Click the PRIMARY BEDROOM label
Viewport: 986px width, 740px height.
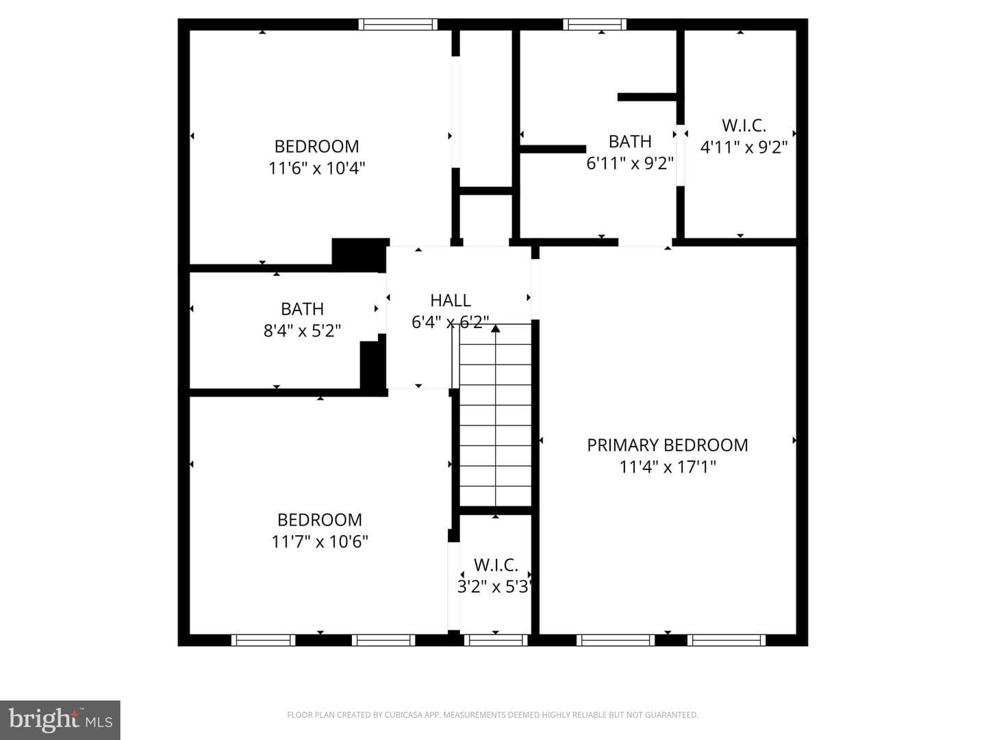tap(668, 445)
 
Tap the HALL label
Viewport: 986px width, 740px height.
tap(451, 300)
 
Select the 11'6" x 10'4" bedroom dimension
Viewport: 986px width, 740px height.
tap(317, 169)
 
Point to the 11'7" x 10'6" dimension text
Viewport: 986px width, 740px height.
tap(319, 542)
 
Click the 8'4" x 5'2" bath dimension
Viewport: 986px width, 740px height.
tap(302, 331)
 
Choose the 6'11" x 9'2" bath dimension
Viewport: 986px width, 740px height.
tap(630, 163)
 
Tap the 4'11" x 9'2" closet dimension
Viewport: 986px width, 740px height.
tap(744, 147)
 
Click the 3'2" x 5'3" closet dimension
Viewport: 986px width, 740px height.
tap(494, 587)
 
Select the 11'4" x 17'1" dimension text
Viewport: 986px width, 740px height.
tap(668, 467)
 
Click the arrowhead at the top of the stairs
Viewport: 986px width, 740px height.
tap(496, 328)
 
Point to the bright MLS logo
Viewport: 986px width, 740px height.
tap(60, 719)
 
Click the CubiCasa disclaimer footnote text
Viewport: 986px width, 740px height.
tap(493, 715)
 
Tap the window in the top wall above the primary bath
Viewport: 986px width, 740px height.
tap(595, 24)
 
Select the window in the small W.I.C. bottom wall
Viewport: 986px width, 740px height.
tap(496, 640)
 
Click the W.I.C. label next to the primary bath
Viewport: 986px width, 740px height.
tap(744, 125)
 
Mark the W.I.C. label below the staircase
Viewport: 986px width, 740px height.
tap(496, 565)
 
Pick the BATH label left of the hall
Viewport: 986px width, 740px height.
tap(303, 308)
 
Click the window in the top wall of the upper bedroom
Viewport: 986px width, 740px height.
tap(398, 24)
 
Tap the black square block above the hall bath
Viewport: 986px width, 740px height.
tap(360, 255)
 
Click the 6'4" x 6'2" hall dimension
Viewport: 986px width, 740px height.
tap(451, 322)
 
